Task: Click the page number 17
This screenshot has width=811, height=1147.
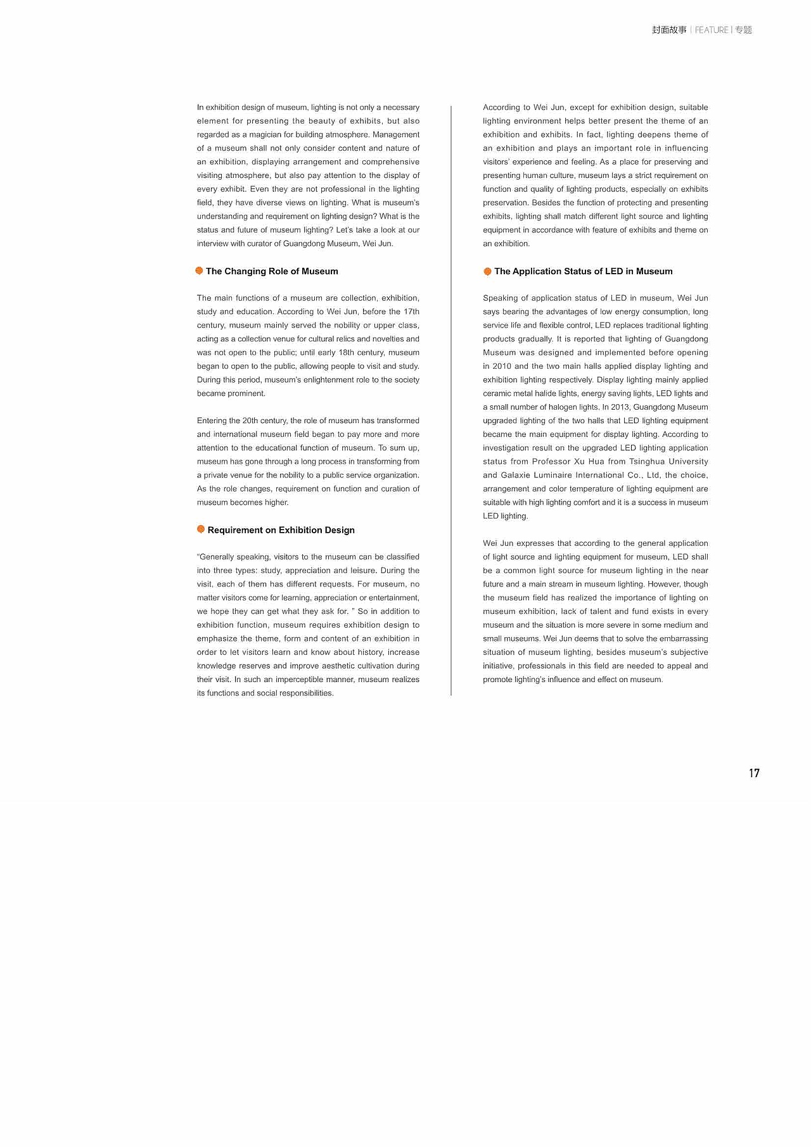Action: tap(754, 773)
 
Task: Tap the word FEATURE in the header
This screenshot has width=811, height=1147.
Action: tap(712, 30)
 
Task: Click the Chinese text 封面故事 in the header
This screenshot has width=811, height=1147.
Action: tap(669, 30)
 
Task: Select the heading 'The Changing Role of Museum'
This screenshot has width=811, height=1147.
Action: tap(272, 271)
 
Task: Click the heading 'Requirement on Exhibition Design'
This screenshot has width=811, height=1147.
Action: tap(281, 530)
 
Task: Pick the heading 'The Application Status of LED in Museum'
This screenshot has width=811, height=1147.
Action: tap(583, 271)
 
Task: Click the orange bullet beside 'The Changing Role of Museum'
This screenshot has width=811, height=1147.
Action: tap(200, 271)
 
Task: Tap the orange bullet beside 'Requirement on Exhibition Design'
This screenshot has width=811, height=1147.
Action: tap(201, 529)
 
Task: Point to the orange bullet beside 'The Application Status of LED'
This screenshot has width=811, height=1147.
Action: tap(487, 272)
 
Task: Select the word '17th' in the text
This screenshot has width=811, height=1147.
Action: tap(411, 312)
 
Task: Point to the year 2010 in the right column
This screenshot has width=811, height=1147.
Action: tap(502, 366)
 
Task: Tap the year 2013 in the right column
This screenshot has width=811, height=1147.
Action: tap(620, 407)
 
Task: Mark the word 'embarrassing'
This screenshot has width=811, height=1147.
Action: tap(682, 638)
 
